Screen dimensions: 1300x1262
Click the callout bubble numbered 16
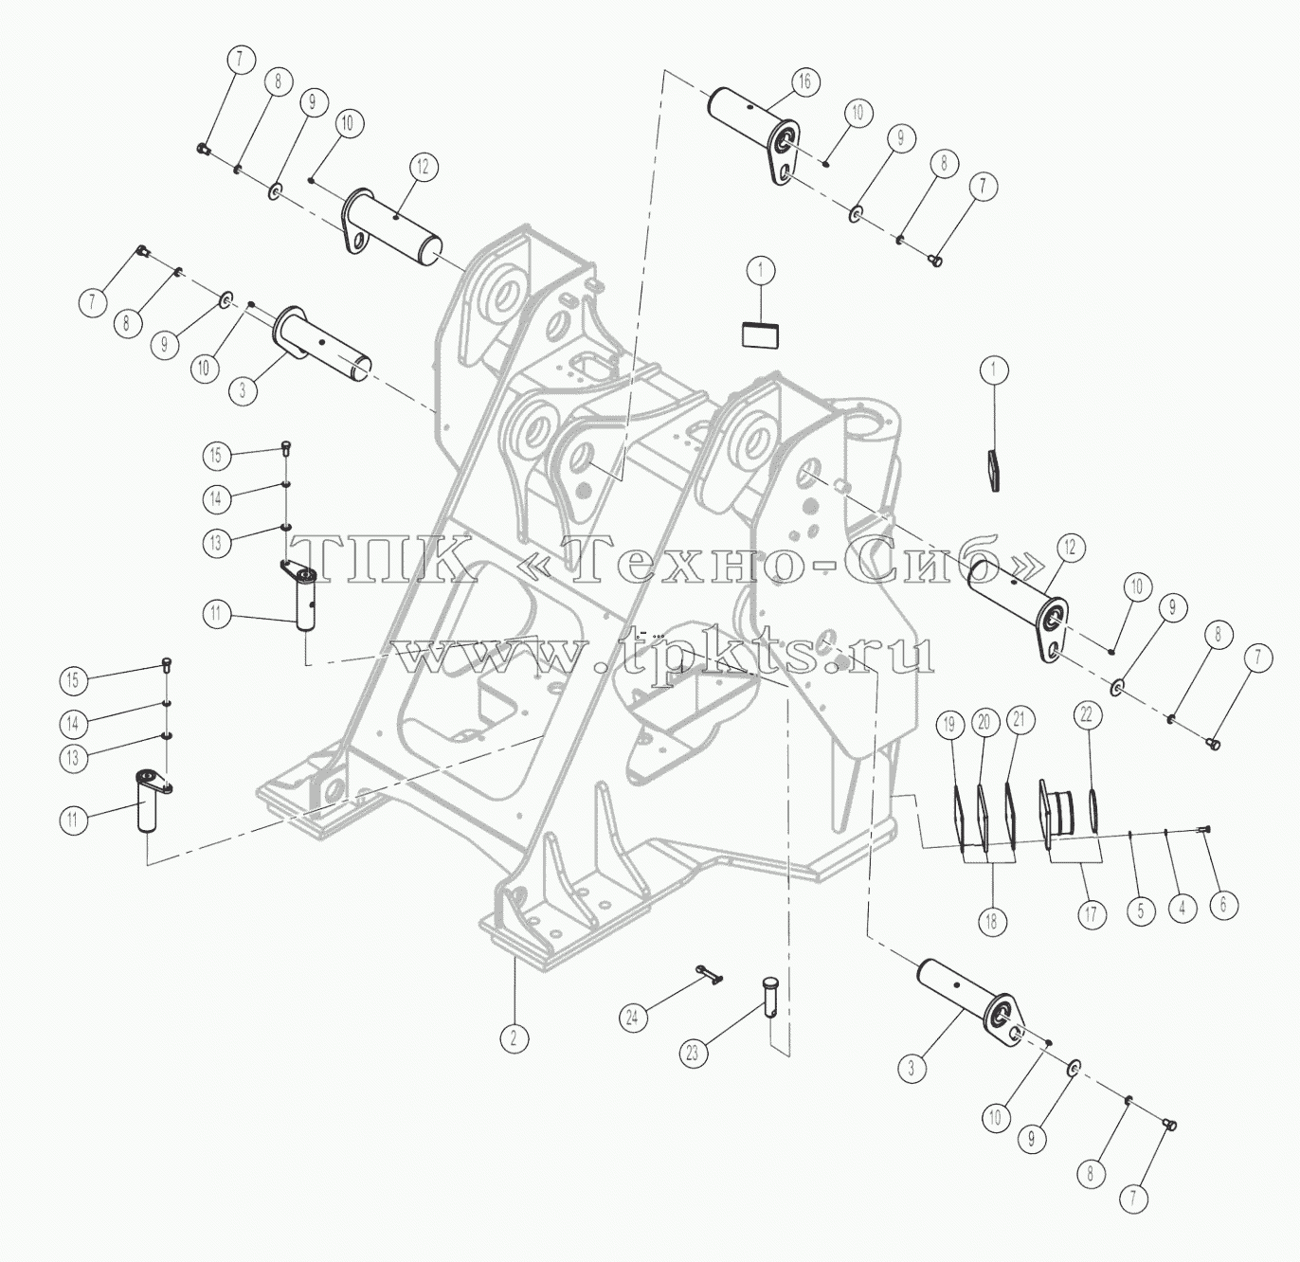(x=804, y=81)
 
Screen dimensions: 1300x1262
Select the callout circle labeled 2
(x=513, y=1038)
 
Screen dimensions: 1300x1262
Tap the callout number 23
(x=692, y=1054)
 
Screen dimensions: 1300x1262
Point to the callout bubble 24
(x=633, y=1019)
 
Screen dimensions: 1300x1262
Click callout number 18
(x=991, y=921)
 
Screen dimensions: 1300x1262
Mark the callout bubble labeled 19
(x=950, y=724)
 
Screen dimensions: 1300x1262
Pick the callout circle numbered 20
(x=984, y=722)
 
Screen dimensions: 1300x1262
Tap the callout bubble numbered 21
(x=1020, y=720)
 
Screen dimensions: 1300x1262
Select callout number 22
(x=1087, y=715)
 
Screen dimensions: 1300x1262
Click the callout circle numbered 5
(x=1140, y=910)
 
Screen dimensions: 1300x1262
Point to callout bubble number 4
(x=1183, y=909)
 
